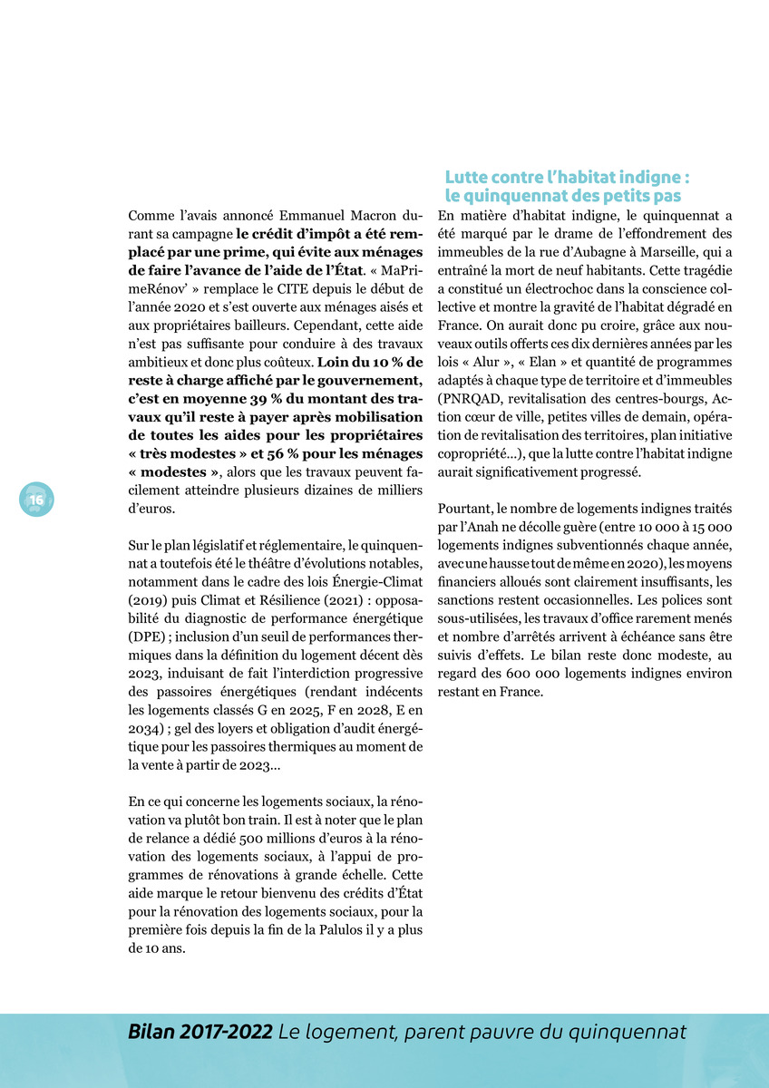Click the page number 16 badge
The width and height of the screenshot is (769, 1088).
[36, 500]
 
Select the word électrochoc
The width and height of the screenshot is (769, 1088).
[542, 288]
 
